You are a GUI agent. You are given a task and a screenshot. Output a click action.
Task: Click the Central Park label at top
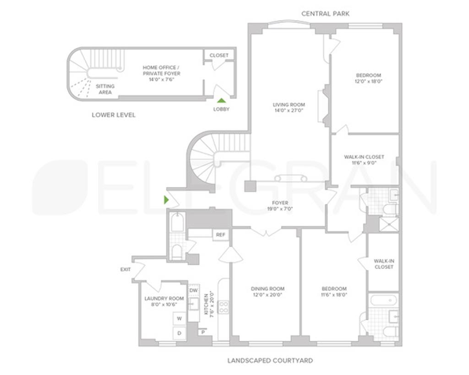click(325, 13)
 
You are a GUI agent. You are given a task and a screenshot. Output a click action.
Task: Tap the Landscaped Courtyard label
click(270, 360)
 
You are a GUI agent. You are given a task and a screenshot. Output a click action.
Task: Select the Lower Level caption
click(114, 115)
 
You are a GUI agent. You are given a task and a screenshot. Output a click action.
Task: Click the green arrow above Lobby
click(221, 101)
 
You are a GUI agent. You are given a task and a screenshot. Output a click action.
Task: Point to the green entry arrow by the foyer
click(166, 200)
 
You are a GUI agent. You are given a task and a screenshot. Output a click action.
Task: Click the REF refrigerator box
click(220, 235)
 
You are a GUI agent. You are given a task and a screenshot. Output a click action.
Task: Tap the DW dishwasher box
click(194, 291)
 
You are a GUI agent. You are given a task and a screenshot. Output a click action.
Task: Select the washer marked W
click(179, 319)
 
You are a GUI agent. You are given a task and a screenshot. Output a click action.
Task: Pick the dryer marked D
click(179, 333)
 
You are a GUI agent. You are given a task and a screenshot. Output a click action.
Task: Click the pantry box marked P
click(203, 332)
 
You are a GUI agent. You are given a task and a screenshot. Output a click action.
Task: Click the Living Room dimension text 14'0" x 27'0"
click(289, 110)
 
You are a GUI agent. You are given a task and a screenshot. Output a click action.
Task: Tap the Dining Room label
click(267, 289)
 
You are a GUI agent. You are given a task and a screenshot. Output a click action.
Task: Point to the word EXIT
click(125, 269)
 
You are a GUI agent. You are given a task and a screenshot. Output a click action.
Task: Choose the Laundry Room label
click(164, 299)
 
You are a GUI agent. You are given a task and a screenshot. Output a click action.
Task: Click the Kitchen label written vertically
click(207, 304)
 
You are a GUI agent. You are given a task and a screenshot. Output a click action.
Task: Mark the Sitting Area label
click(105, 89)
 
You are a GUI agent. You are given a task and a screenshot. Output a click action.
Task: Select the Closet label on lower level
click(219, 55)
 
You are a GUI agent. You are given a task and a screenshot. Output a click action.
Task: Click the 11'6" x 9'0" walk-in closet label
click(364, 163)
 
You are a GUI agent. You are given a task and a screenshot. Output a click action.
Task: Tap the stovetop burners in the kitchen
click(224, 307)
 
